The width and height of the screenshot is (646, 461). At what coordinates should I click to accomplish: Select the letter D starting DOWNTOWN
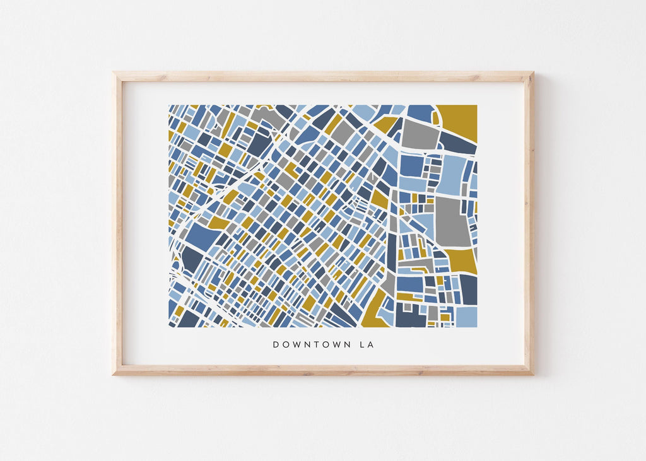(276, 345)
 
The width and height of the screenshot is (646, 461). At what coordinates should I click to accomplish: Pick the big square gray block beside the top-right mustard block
(420, 134)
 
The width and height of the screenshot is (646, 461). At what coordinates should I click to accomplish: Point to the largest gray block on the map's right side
(452, 221)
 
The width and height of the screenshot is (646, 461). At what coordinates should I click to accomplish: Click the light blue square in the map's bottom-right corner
(466, 317)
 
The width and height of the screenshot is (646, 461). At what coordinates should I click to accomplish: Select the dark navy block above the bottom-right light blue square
(468, 289)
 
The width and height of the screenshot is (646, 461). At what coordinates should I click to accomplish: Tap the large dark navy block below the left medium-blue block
(192, 259)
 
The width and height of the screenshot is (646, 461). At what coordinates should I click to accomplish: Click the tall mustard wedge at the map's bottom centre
(376, 310)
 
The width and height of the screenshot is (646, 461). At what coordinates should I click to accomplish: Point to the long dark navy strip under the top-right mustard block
(457, 143)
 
